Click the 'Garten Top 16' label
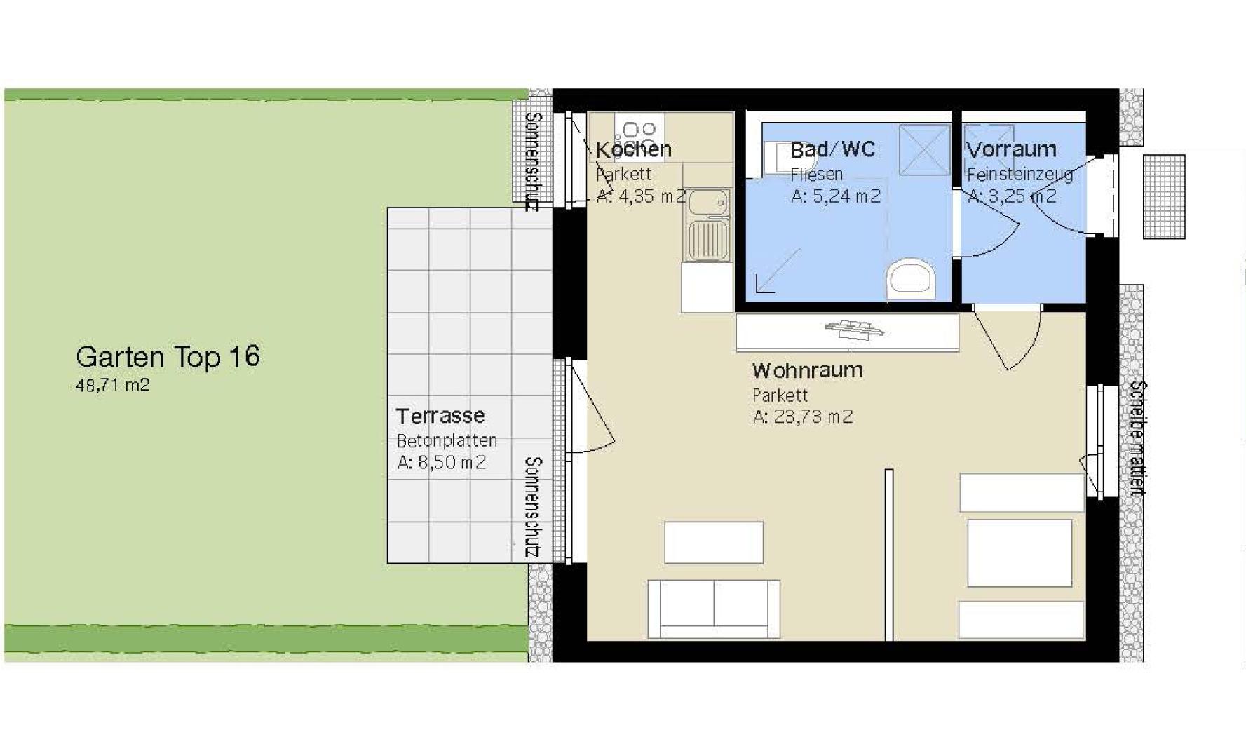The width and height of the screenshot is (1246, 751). coord(168,357)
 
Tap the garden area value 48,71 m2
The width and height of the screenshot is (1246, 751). coord(112,385)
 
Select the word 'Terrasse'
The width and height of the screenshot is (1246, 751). coord(440,416)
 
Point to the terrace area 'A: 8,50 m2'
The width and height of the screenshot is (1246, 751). coord(441,462)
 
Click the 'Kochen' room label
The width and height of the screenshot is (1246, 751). coord(634,149)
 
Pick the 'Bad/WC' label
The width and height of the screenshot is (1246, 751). coord(832,149)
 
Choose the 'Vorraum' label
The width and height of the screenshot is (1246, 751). coord(1011,149)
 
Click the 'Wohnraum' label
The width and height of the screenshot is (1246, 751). coord(807,370)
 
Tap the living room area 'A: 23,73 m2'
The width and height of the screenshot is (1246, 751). coord(802,417)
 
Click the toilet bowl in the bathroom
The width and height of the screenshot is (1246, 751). coord(911,278)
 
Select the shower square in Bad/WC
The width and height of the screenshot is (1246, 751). coord(924,149)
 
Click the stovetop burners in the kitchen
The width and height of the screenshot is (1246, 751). coord(639,130)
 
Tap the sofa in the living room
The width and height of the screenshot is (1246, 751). coord(713,608)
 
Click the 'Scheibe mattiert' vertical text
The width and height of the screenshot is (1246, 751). coord(1138,438)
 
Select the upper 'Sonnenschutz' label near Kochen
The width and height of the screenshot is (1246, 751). coord(533,161)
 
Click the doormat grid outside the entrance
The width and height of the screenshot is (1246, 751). coord(1164,196)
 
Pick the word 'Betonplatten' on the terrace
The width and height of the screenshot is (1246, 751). coord(447,440)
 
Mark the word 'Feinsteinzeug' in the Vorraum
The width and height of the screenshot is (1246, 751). coord(1020,174)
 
